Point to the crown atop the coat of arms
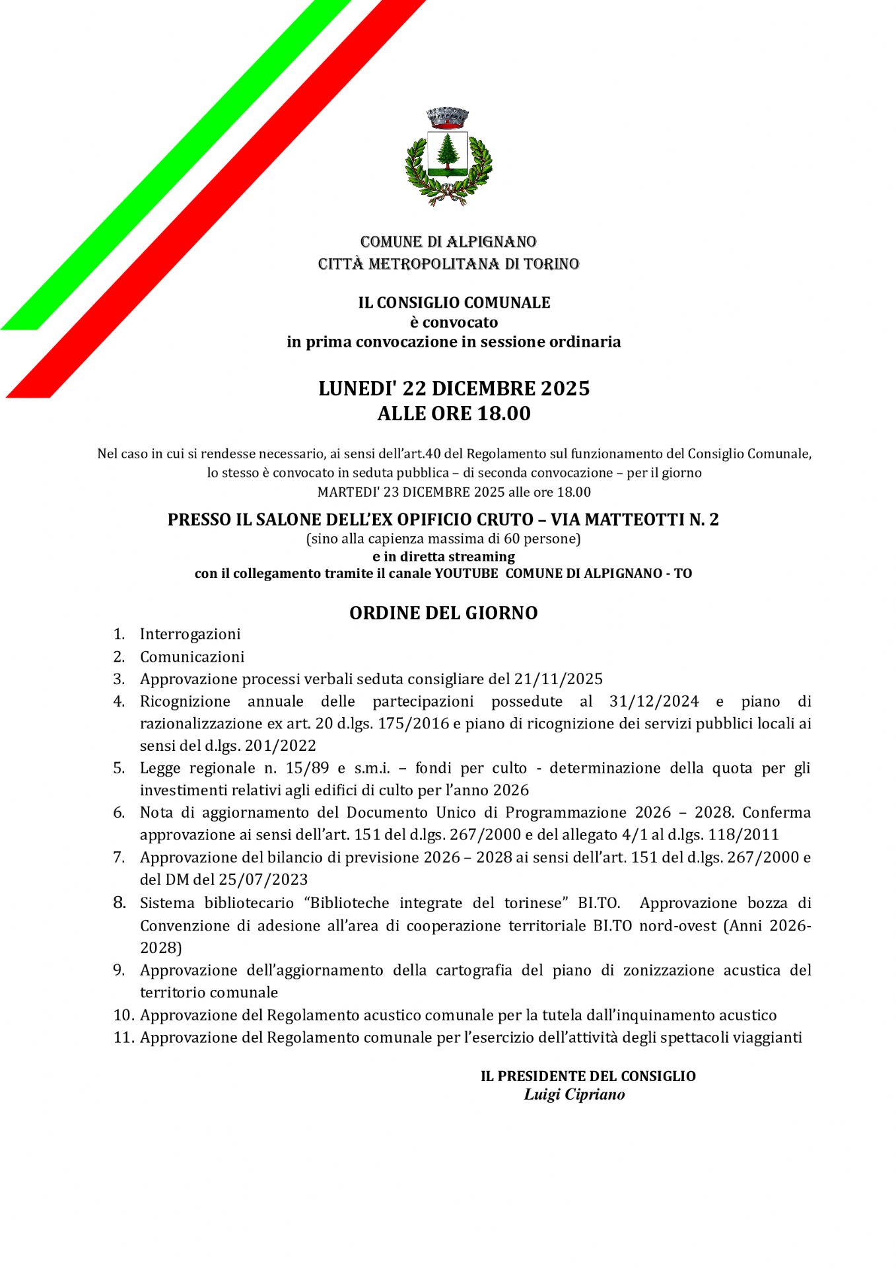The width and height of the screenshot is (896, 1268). (448, 117)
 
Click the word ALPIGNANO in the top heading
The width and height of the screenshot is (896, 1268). (491, 242)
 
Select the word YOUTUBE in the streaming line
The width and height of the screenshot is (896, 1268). (466, 573)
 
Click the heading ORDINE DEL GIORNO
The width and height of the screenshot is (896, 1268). (443, 613)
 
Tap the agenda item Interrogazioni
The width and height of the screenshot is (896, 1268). (190, 634)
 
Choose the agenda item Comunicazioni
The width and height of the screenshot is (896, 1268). (192, 656)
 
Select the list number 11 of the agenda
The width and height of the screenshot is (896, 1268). (122, 1038)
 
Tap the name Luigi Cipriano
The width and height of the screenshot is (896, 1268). (574, 1094)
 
